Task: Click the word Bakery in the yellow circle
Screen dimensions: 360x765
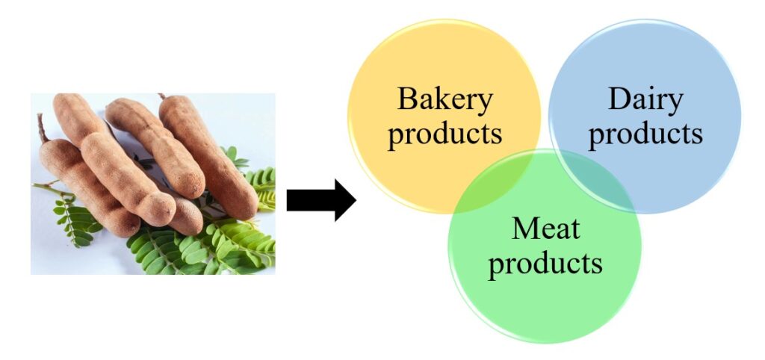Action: click(445, 100)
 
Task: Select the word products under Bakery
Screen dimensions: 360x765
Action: click(445, 134)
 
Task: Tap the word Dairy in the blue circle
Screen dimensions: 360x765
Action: click(646, 100)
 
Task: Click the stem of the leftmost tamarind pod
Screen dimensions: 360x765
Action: click(42, 127)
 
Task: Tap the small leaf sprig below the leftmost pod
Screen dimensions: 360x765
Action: click(78, 224)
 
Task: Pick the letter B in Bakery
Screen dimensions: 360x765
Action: click(407, 100)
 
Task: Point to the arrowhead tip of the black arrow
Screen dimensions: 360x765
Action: click(356, 200)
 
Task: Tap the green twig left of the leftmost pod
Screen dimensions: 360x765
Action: click(45, 187)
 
